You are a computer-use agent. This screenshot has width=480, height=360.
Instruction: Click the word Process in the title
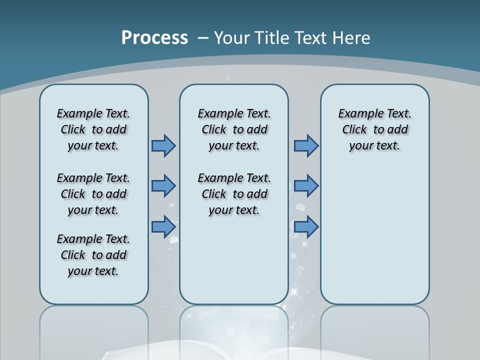154,38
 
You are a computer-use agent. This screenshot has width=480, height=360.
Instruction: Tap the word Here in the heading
351,38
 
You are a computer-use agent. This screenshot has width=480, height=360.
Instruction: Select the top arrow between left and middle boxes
163,145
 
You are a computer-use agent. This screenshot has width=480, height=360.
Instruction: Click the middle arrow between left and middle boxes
163,186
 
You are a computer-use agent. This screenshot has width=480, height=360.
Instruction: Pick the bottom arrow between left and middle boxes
163,226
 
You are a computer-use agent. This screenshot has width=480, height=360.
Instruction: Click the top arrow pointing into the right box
306,145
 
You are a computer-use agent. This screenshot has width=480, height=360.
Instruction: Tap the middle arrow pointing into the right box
306,186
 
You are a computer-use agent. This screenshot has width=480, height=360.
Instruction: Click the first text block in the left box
93,129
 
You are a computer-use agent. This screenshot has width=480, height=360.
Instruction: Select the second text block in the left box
93,194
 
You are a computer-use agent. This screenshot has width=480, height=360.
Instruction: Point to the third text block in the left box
93,255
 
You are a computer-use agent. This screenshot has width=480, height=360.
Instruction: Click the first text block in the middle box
234,129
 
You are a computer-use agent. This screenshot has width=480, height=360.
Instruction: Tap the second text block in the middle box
234,194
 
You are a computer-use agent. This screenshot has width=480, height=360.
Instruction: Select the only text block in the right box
374,129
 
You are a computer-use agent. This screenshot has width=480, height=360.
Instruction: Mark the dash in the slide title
203,38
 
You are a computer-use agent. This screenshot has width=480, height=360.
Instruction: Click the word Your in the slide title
232,38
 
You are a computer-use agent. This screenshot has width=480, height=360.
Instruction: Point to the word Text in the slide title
312,38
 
